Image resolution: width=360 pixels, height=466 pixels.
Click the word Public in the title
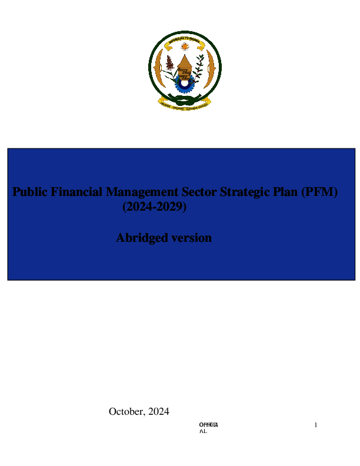(x=30, y=192)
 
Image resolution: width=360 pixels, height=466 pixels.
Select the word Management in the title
(x=141, y=192)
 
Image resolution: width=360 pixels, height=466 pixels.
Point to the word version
(x=191, y=238)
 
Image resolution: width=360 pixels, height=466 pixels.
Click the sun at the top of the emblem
(x=185, y=46)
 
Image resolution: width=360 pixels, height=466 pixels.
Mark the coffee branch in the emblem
(x=200, y=65)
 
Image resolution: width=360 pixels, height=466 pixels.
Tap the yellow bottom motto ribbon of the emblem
(x=185, y=104)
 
